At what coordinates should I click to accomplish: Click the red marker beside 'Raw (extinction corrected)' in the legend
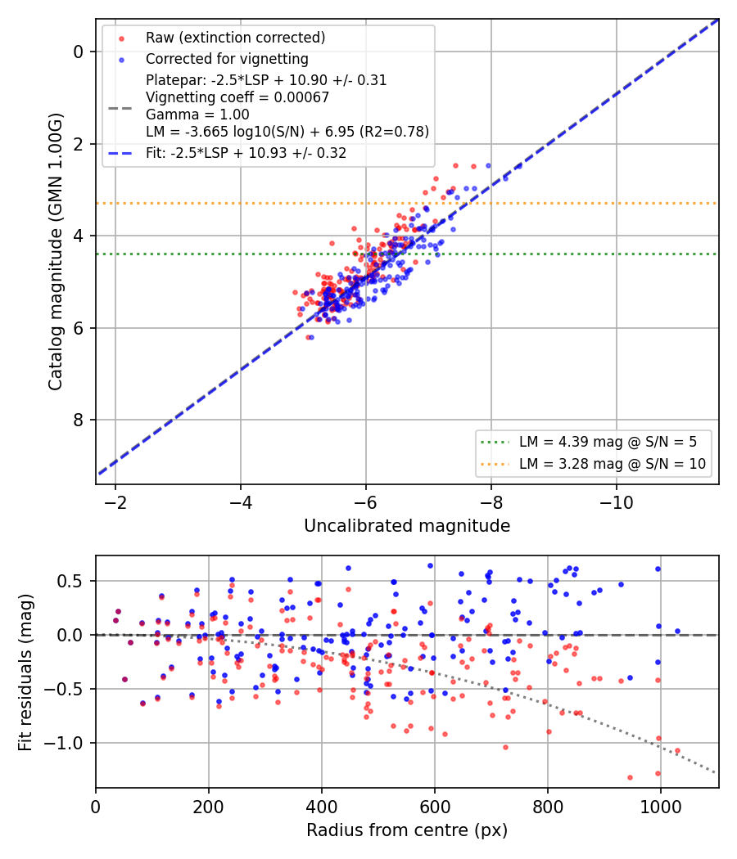click(x=122, y=38)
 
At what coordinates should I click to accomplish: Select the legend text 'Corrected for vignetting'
click(x=227, y=59)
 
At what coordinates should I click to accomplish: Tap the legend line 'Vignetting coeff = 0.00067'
click(x=237, y=97)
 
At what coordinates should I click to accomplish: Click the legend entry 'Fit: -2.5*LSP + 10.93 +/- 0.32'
click(x=246, y=153)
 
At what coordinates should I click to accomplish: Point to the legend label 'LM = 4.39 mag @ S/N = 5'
click(x=608, y=442)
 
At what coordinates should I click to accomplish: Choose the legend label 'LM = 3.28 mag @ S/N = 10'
click(x=613, y=464)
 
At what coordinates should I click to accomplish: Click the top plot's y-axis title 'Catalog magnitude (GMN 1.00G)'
click(x=56, y=252)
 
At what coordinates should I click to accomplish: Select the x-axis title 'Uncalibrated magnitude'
click(x=408, y=526)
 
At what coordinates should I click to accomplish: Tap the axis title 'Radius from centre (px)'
click(x=407, y=830)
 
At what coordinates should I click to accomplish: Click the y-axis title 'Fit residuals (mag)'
click(x=25, y=672)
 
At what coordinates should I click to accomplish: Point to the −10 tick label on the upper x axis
click(x=617, y=503)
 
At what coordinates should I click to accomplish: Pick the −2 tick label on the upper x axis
click(x=115, y=503)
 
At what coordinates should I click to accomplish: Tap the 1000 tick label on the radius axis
click(x=661, y=807)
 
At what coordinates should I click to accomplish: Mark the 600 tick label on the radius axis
click(x=435, y=807)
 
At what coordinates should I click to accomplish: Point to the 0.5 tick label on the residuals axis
click(x=70, y=581)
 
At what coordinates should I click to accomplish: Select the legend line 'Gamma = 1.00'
click(x=197, y=115)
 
